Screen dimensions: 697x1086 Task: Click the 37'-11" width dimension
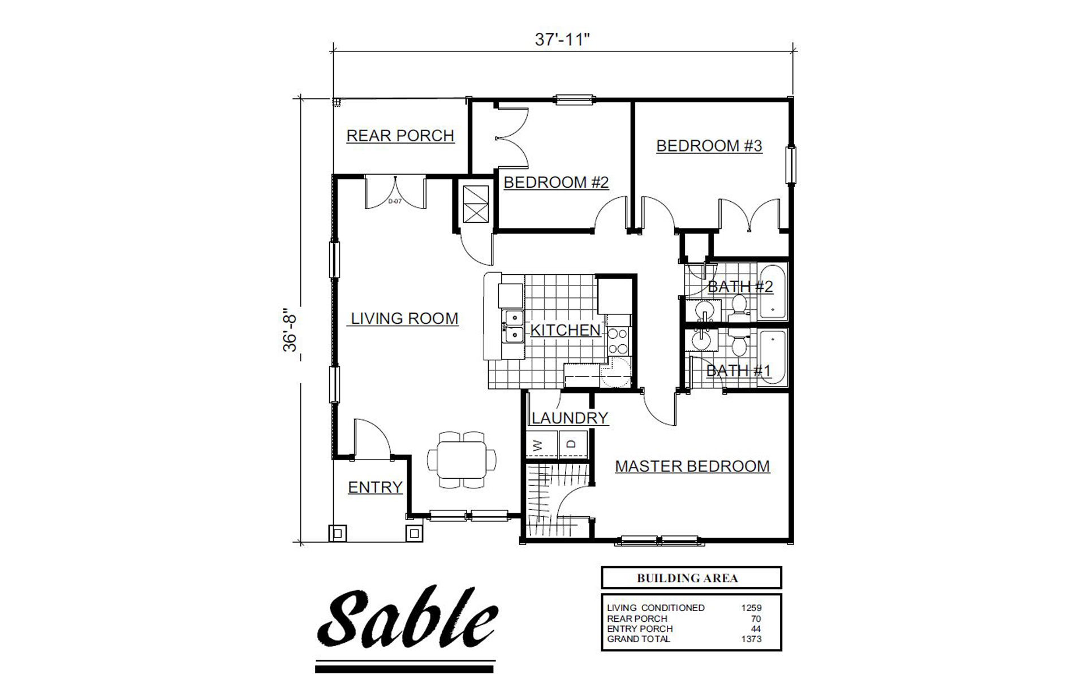(x=562, y=40)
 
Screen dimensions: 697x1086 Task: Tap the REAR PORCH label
(x=400, y=136)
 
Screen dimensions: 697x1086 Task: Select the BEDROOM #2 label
(x=555, y=182)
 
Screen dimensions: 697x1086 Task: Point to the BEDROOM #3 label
(x=709, y=145)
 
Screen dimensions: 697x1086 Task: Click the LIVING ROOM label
(x=404, y=318)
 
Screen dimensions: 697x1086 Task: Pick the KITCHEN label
(x=565, y=330)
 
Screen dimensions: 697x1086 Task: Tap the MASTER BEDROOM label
(x=692, y=466)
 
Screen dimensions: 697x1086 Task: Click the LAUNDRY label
(x=570, y=418)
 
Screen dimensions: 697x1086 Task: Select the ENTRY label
(x=375, y=487)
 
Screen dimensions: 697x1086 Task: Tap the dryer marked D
(x=573, y=445)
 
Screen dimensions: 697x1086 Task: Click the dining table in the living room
(x=462, y=460)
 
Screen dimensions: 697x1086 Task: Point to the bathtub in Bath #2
(x=772, y=291)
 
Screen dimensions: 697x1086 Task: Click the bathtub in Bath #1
(x=772, y=357)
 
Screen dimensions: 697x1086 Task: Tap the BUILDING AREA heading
(x=687, y=578)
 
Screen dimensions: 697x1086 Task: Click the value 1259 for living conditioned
(x=751, y=608)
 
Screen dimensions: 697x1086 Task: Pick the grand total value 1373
(x=751, y=639)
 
